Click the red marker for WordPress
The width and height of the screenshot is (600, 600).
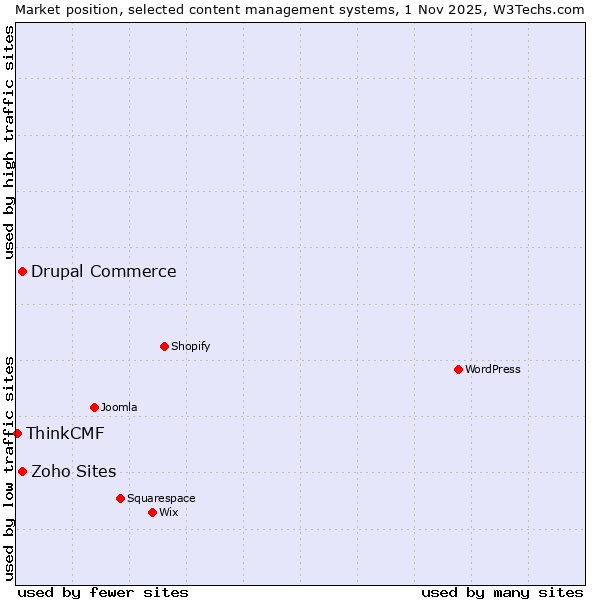tap(458, 369)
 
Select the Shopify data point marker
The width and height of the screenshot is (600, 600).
tap(164, 346)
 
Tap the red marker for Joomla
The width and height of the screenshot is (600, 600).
tap(94, 407)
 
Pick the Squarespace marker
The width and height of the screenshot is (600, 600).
tap(120, 498)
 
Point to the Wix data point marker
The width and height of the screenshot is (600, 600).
tap(152, 512)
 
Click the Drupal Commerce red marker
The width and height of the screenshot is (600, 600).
tap(22, 271)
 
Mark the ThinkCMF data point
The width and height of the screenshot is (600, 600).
tap(17, 433)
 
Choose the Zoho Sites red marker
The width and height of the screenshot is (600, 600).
tap(22, 471)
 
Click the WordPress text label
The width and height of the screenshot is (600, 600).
tap(493, 369)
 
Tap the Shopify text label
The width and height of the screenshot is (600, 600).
tap(190, 346)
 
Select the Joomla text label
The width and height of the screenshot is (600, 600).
tap(119, 407)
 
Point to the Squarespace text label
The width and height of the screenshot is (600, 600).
tap(161, 498)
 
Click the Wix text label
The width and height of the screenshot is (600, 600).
tap(168, 512)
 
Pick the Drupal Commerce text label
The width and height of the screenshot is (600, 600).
tap(104, 271)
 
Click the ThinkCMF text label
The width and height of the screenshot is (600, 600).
tap(65, 433)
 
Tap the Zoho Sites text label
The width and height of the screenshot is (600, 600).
tap(74, 471)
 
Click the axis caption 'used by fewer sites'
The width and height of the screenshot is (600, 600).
tap(103, 592)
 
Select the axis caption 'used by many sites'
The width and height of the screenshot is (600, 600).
tap(502, 592)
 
